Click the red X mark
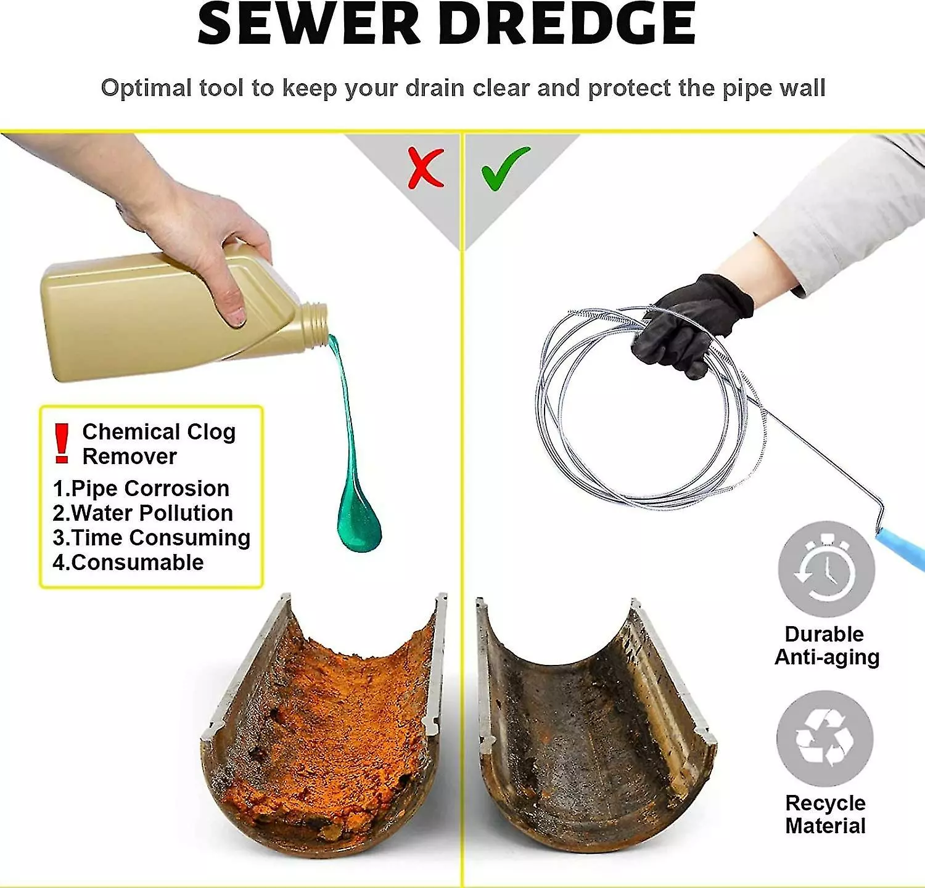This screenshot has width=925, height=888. (x=425, y=168)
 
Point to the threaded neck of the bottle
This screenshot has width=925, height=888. (x=314, y=322)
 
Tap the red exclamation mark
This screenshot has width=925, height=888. (x=61, y=443)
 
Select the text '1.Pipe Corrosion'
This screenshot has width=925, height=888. (x=141, y=489)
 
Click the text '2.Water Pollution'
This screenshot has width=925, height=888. (x=142, y=513)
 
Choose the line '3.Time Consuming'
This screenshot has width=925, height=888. (x=152, y=538)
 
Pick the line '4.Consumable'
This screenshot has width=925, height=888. (x=128, y=563)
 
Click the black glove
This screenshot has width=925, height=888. (x=692, y=324)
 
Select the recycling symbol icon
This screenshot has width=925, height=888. (x=825, y=738)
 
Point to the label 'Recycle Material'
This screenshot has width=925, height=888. (x=826, y=814)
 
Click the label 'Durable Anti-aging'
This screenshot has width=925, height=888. (x=827, y=645)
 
